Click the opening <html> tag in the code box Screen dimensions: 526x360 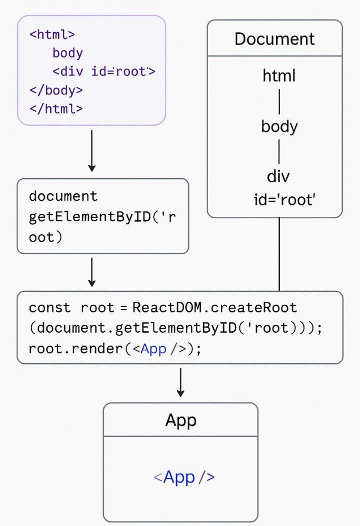click(x=52, y=34)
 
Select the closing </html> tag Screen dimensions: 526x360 click(x=56, y=108)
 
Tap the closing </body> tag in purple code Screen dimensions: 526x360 click(x=56, y=90)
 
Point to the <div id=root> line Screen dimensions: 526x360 click(x=104, y=71)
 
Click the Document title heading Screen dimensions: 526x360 click(x=274, y=39)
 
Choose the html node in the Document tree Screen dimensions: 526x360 click(x=279, y=76)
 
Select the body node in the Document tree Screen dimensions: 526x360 click(x=279, y=126)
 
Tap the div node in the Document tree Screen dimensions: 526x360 click(x=278, y=176)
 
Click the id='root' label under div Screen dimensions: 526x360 click(x=284, y=200)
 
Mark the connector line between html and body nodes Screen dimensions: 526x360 click(x=279, y=101)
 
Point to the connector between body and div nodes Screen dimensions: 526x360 click(x=279, y=151)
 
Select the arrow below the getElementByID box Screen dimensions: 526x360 click(x=91, y=272)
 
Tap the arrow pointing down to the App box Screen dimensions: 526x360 click(x=180, y=382)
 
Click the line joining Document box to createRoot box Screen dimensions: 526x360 click(x=279, y=254)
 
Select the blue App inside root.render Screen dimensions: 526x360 click(x=153, y=349)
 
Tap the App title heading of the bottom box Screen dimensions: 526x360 click(x=180, y=420)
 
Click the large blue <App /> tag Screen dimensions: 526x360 click(x=184, y=477)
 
